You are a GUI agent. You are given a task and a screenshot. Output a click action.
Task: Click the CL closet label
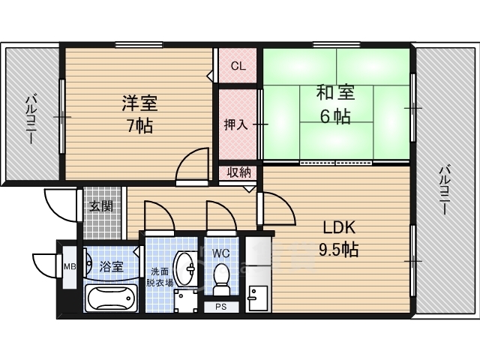pos(238,66)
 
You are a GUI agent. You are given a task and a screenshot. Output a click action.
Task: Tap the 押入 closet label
pos(235,124)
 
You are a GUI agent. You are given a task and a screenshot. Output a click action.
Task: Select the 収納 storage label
pos(239,172)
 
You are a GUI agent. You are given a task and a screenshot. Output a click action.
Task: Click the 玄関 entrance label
pos(101,207)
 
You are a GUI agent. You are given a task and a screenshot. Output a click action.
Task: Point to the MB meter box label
pos(70,267)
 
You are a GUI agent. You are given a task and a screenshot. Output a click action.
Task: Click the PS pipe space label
pos(221,307)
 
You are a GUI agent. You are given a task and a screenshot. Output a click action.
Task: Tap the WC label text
pos(221,253)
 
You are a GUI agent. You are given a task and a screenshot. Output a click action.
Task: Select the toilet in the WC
pos(221,279)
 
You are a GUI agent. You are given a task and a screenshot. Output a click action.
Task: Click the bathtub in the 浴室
pos(111,298)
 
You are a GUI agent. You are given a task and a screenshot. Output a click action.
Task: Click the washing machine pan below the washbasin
pos(185,301)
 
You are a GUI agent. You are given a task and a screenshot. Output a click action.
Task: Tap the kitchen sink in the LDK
pos(258,298)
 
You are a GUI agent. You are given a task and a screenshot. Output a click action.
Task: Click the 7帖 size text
pos(140,125)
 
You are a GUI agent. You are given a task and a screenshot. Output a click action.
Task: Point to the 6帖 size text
pos(335,116)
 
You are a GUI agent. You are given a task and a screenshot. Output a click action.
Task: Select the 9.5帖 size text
pos(338,249)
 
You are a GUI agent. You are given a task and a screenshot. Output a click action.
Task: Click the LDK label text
pos(339,228)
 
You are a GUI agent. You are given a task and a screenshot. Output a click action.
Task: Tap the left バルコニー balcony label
pos(31,119)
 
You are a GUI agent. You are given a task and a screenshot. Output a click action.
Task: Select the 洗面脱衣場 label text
pos(160,277)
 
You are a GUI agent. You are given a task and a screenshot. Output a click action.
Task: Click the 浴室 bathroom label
pos(111,267)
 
